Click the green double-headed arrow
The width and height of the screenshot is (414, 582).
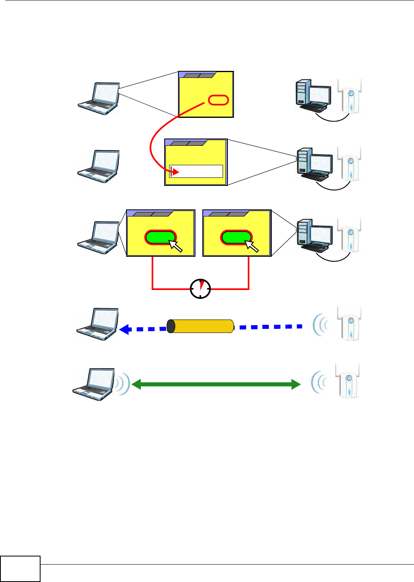(x=216, y=384)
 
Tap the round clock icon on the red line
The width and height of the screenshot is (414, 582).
(x=200, y=289)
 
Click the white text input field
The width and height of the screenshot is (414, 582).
(x=196, y=171)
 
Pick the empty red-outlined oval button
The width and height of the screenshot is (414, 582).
(x=219, y=100)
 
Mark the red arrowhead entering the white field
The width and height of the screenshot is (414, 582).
(x=176, y=172)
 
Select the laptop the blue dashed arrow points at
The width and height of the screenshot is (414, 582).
(x=98, y=324)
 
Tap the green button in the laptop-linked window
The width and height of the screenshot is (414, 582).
(x=161, y=237)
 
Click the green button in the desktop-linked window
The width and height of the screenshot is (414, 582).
(x=236, y=237)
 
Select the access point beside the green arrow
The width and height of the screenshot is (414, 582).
(x=348, y=381)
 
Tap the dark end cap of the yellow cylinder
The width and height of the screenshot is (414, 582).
(x=171, y=326)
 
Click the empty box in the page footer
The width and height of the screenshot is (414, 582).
(x=20, y=569)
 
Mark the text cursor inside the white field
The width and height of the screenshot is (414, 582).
(x=171, y=171)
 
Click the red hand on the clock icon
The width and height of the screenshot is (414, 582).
(x=202, y=285)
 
